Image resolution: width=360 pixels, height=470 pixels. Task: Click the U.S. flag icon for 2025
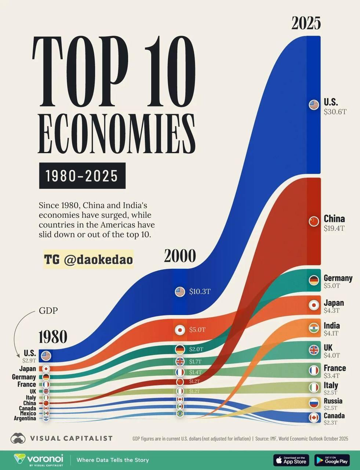point(314,105)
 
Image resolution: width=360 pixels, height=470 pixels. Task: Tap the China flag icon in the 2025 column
point(314,221)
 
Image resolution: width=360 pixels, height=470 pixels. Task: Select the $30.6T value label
point(335,112)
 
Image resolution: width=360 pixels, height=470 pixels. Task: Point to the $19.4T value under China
point(334,228)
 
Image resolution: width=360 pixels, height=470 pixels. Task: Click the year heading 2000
point(180,256)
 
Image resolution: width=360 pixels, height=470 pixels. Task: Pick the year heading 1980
point(53,337)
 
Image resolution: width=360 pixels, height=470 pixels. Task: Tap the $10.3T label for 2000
point(200,292)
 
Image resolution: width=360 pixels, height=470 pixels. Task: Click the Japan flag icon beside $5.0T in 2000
point(180,330)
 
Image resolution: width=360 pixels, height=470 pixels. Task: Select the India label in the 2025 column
point(331,326)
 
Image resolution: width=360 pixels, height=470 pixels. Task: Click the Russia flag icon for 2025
point(314,403)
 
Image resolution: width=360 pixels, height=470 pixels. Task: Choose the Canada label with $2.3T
point(334,416)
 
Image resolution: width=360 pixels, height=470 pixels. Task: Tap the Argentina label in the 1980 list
point(25,418)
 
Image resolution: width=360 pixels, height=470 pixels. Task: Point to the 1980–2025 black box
point(82,176)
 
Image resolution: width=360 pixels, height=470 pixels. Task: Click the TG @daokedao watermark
point(88,260)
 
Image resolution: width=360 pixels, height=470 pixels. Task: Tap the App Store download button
point(291,460)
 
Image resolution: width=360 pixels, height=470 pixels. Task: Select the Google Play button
point(332,460)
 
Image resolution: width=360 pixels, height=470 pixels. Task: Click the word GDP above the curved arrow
point(48,311)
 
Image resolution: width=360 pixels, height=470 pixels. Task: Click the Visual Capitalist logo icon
point(18,438)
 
